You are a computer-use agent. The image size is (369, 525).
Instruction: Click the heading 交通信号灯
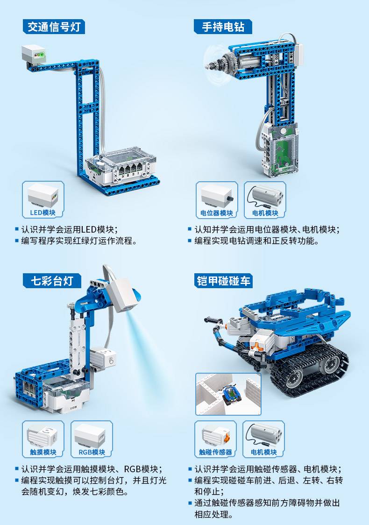[x=54, y=27]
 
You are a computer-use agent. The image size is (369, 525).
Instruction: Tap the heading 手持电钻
[x=223, y=27]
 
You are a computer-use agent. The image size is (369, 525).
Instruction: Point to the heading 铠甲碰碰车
[x=223, y=281]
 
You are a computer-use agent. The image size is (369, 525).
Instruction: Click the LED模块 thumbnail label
[x=43, y=213]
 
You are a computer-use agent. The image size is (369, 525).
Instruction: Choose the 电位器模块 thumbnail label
[x=217, y=213]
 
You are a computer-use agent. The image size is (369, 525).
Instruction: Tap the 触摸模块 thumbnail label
[x=43, y=452]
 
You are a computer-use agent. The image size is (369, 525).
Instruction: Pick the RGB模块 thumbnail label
[x=92, y=452]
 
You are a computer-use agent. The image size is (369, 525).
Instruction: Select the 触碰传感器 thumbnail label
[x=215, y=452]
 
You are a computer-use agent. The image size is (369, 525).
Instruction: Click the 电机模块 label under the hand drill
[x=265, y=213]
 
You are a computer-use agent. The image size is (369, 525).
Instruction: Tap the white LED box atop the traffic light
[x=34, y=54]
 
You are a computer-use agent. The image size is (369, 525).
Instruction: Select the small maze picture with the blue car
[x=228, y=394]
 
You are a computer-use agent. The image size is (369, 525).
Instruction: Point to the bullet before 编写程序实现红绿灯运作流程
[x=17, y=241]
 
